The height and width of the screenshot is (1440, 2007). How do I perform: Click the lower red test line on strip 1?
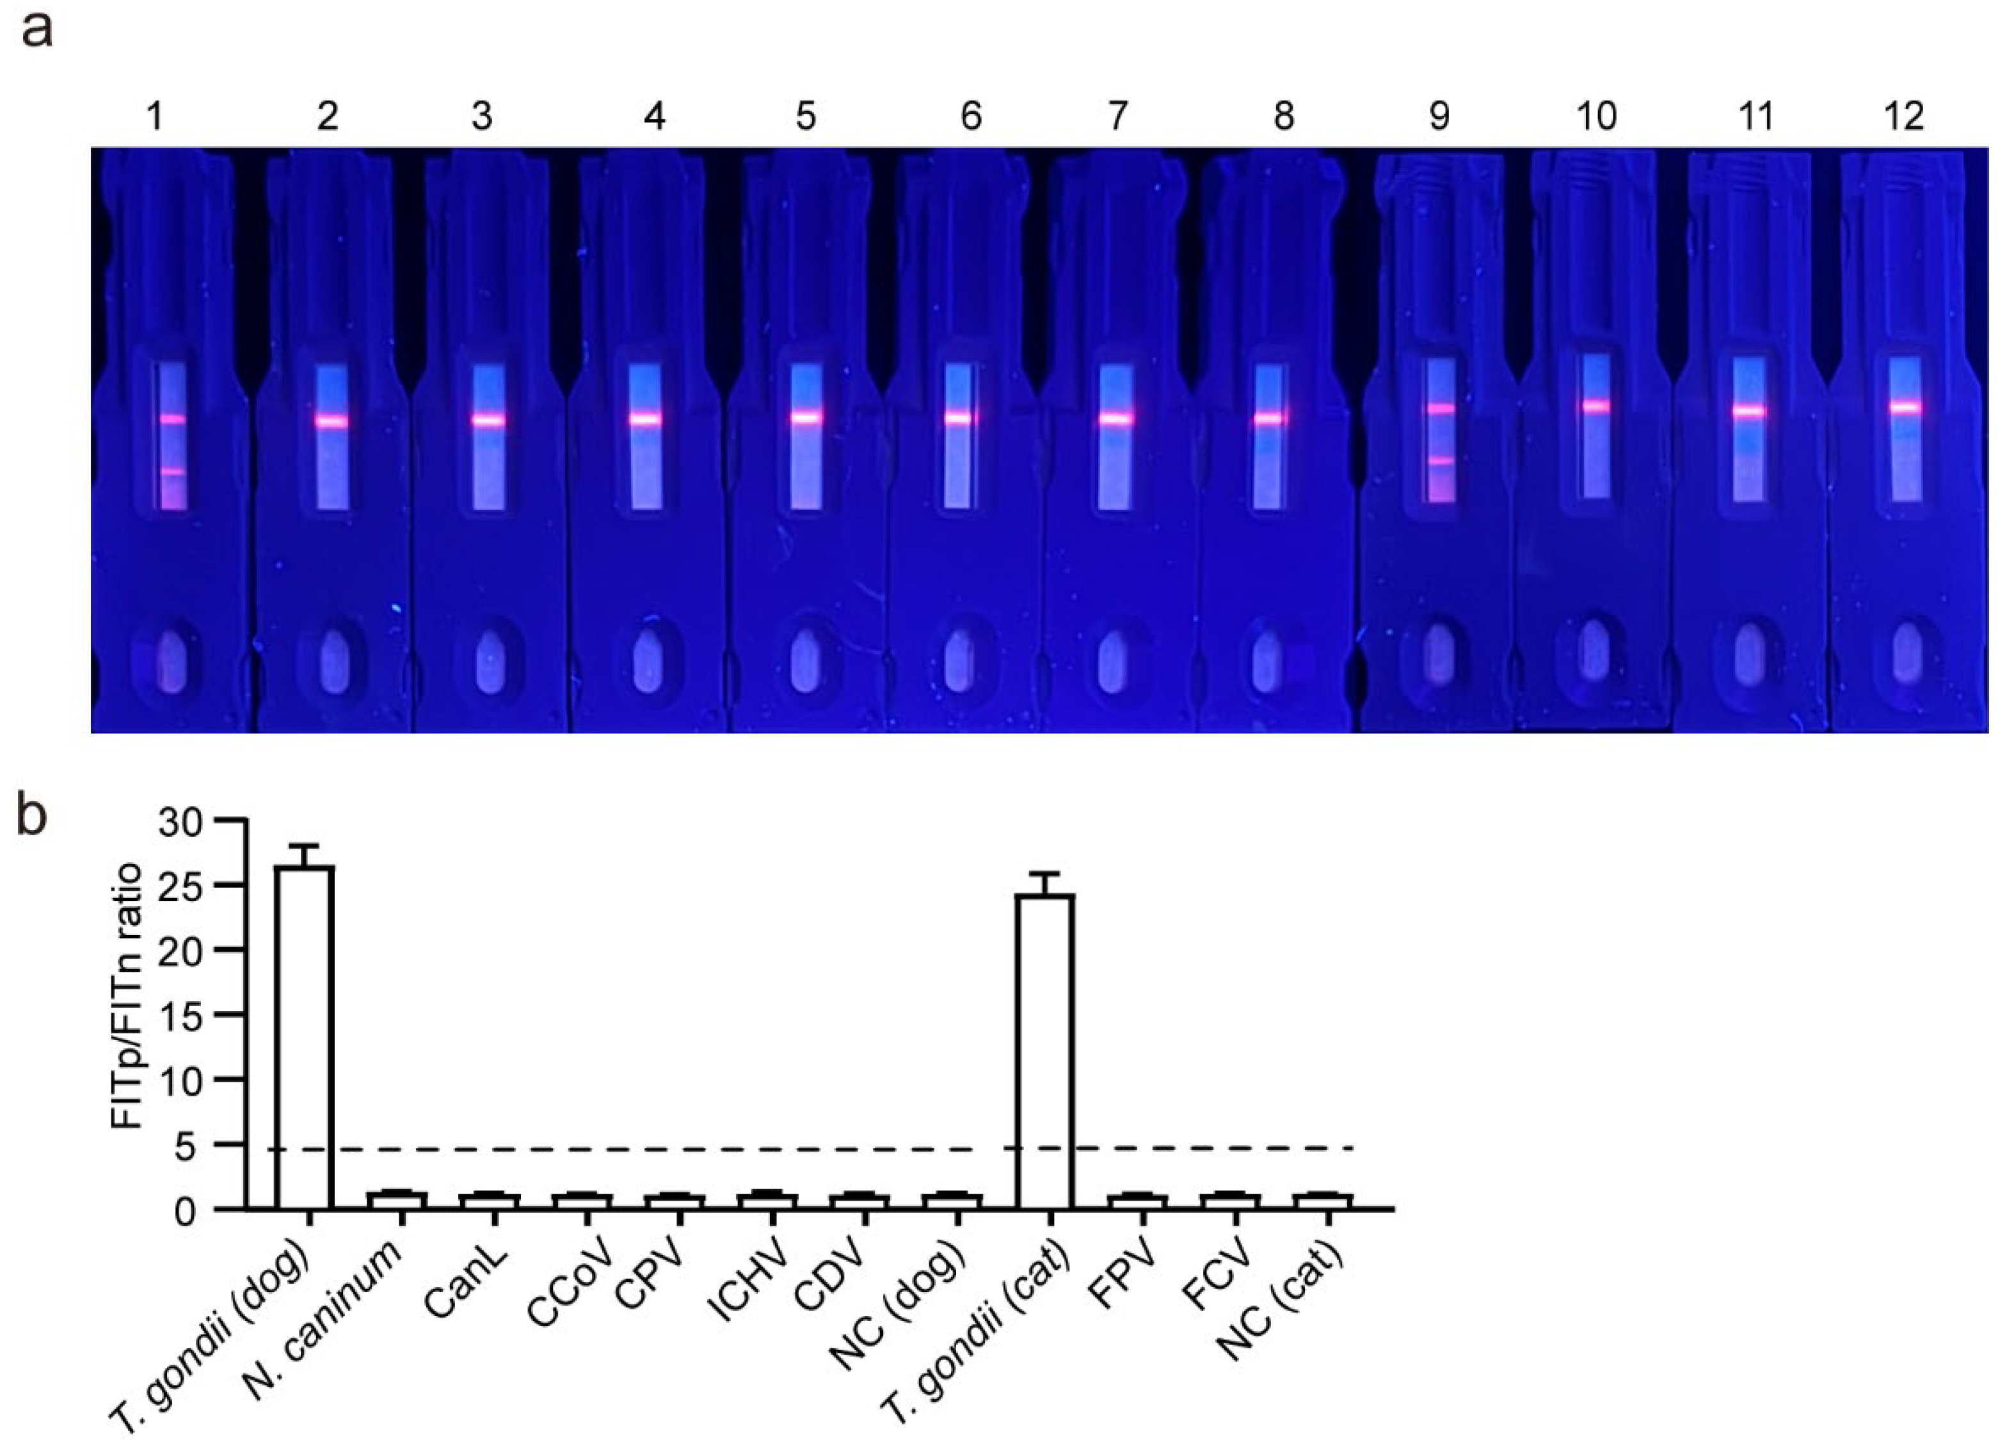(x=173, y=472)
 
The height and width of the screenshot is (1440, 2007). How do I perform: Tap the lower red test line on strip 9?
(x=1441, y=461)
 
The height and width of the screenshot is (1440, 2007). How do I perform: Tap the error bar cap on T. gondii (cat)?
(x=1046, y=874)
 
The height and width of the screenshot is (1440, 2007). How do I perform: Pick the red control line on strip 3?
(x=488, y=420)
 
